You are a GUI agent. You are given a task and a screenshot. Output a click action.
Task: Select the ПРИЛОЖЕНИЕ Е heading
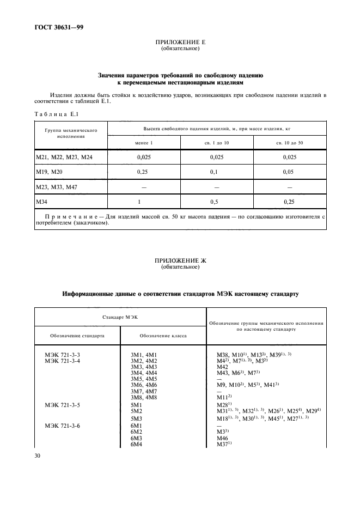point(180,42)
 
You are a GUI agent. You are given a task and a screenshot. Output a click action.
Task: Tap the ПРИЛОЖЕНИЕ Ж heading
point(180,262)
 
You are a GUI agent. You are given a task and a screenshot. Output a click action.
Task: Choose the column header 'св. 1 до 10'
point(217,142)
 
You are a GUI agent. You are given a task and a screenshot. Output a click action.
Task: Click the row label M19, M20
point(50,172)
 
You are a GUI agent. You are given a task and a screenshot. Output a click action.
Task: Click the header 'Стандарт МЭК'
point(120,317)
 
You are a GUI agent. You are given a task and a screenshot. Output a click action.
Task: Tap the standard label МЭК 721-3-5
point(62,405)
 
